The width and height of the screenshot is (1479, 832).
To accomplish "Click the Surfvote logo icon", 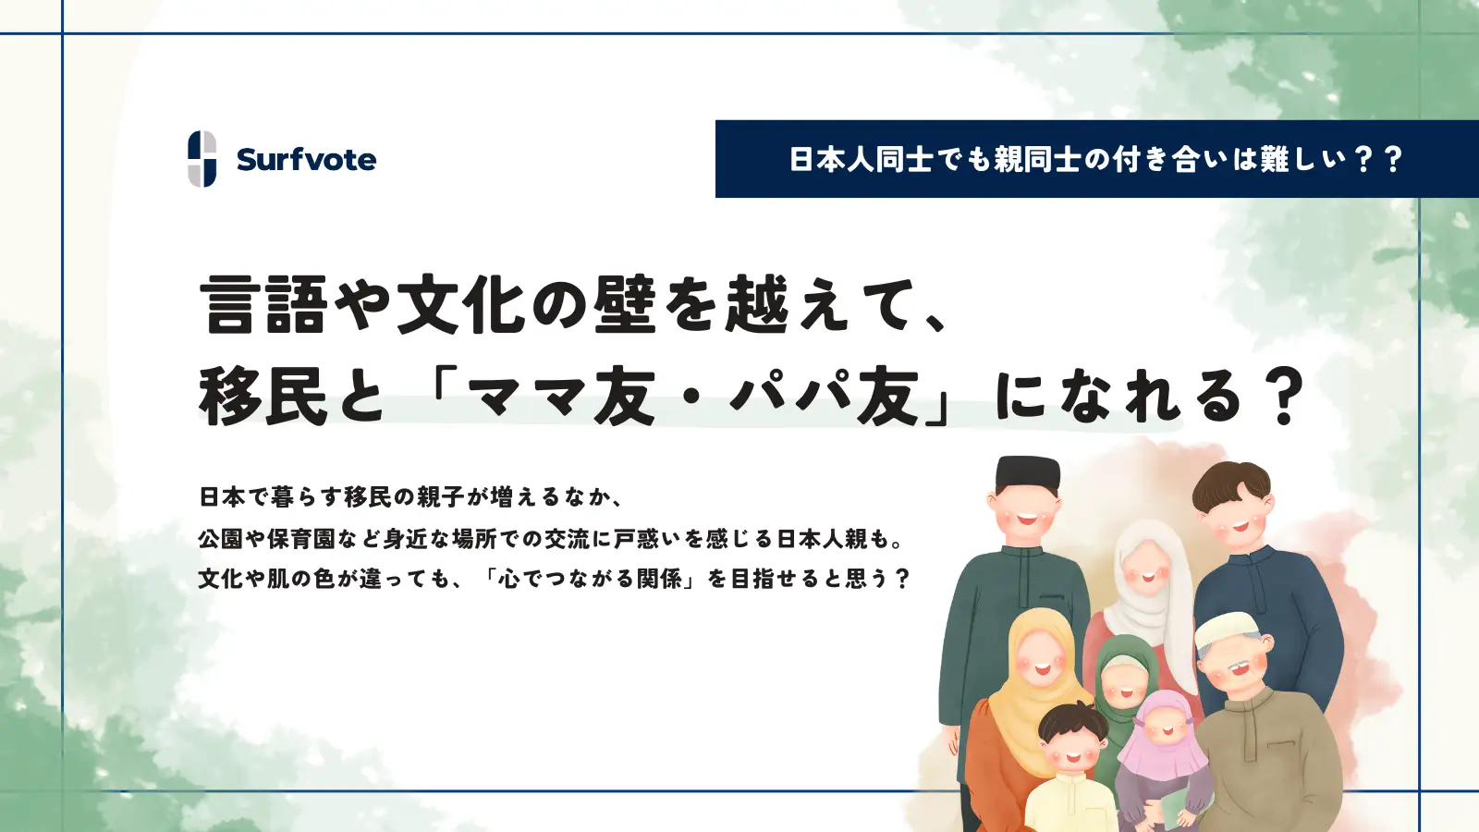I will pos(202,159).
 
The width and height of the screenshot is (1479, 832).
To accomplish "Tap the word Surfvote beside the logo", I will pos(306,160).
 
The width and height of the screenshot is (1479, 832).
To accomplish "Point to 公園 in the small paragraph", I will pos(221,538).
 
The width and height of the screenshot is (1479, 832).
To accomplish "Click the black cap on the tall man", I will pos(1027,474).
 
